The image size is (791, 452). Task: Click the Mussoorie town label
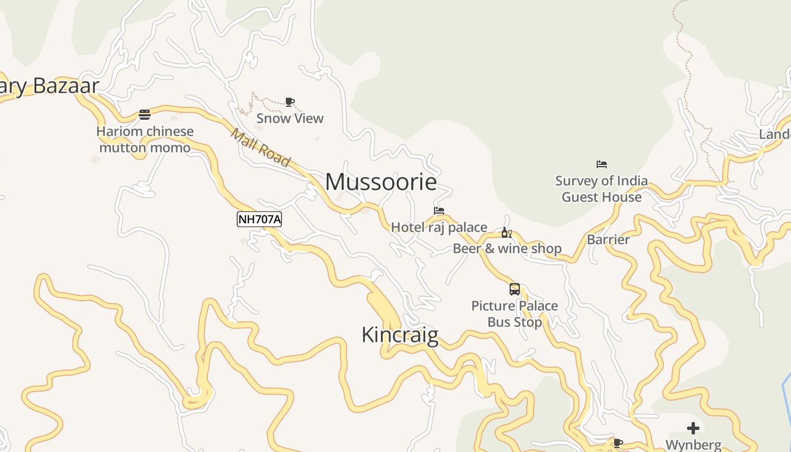pyautogui.click(x=381, y=182)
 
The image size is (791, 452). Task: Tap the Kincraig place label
pyautogui.click(x=399, y=334)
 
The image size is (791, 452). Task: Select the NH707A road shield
pyautogui.click(x=259, y=219)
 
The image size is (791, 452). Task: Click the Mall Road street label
pyautogui.click(x=260, y=148)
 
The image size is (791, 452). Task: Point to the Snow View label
pyautogui.click(x=290, y=118)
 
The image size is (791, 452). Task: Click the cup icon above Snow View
pyautogui.click(x=290, y=102)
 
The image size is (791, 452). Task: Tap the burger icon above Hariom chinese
pyautogui.click(x=145, y=115)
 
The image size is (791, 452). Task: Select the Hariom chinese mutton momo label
pyautogui.click(x=145, y=140)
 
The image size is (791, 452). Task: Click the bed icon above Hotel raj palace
pyautogui.click(x=439, y=211)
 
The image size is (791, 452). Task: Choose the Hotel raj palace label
pyautogui.click(x=439, y=227)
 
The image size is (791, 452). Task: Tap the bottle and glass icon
pyautogui.click(x=507, y=233)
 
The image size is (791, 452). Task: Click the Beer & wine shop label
pyautogui.click(x=507, y=249)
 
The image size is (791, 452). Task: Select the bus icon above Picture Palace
pyautogui.click(x=515, y=289)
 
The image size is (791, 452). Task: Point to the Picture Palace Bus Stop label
pyautogui.click(x=515, y=314)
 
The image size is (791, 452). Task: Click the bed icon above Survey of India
pyautogui.click(x=602, y=164)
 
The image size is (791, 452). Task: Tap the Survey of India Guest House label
pyautogui.click(x=602, y=189)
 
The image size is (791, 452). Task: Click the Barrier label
pyautogui.click(x=608, y=240)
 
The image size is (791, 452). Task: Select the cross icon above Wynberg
pyautogui.click(x=693, y=428)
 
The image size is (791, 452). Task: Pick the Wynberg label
pyautogui.click(x=693, y=445)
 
